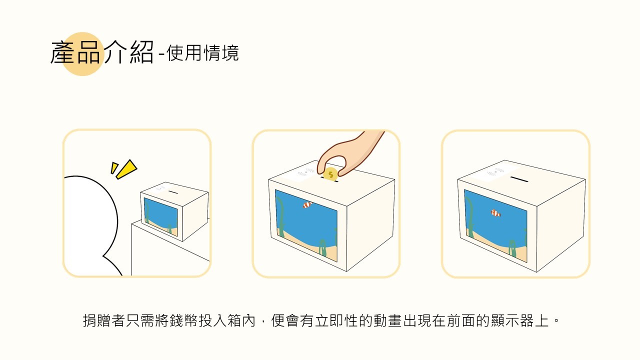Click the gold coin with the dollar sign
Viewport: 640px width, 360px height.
tap(330, 174)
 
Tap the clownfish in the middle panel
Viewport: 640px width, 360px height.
tap(307, 204)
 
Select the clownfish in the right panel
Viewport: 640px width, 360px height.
tap(495, 213)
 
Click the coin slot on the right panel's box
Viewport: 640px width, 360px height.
tap(519, 179)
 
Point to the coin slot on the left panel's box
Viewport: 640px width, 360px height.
tap(173, 192)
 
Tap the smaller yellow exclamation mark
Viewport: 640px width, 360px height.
tap(114, 167)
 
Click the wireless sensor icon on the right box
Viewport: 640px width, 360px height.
tap(495, 171)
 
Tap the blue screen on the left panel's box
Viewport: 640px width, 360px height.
tap(160, 216)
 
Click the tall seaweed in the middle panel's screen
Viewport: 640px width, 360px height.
tap(280, 217)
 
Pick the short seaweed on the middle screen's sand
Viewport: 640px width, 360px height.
tap(322, 247)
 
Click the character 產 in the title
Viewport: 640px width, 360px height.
tap(63, 52)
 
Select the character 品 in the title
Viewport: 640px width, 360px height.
tap(89, 52)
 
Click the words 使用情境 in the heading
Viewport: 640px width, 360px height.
tap(202, 53)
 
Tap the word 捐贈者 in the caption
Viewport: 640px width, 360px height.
tap(104, 320)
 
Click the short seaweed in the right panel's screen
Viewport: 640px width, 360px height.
tap(511, 248)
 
